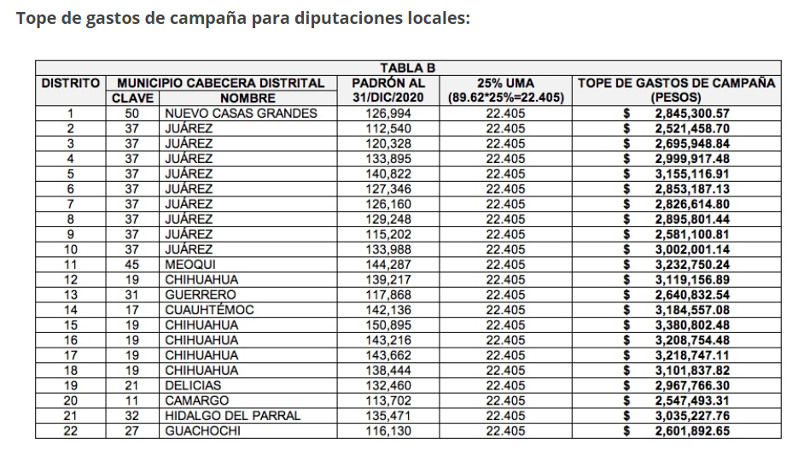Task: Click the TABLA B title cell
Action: pyautogui.click(x=407, y=68)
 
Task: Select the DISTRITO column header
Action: pyautogui.click(x=71, y=83)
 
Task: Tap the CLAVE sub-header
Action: pyautogui.click(x=132, y=98)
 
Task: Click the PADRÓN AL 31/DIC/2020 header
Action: pyautogui.click(x=388, y=91)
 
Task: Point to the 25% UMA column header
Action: pyautogui.click(x=506, y=91)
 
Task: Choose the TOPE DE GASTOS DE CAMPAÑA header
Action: pyautogui.click(x=677, y=91)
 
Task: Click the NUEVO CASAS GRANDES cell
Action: pyautogui.click(x=241, y=114)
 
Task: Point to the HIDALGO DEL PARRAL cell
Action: pyautogui.click(x=233, y=416)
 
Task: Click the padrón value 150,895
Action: pyautogui.click(x=388, y=325)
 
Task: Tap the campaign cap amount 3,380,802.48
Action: pyautogui.click(x=692, y=325)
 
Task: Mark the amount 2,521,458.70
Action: pyautogui.click(x=692, y=128)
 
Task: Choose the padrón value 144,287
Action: pyautogui.click(x=388, y=265)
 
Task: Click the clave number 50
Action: pyautogui.click(x=132, y=114)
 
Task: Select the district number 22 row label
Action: pyautogui.click(x=71, y=431)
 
